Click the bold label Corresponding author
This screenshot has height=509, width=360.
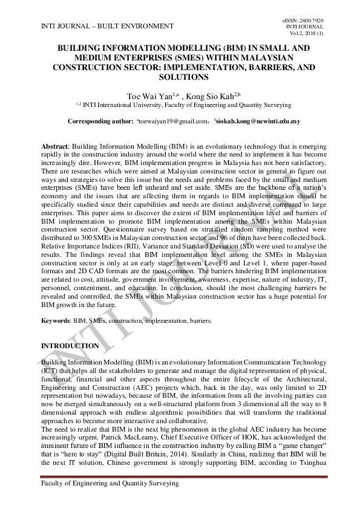(x=100, y=122)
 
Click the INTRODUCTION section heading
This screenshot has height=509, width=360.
(x=70, y=346)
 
